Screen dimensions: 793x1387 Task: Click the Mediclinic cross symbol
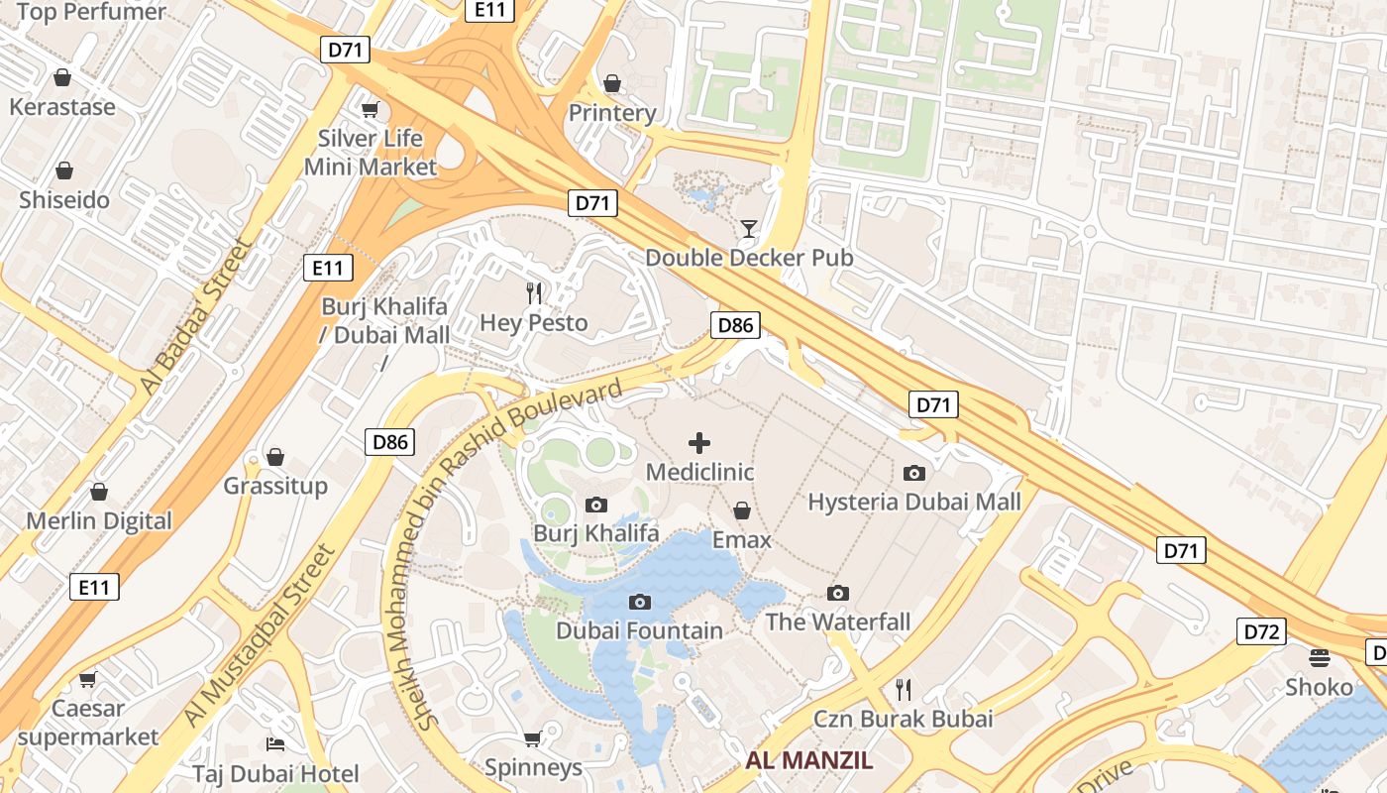click(x=699, y=442)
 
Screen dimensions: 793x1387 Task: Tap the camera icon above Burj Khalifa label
click(x=596, y=505)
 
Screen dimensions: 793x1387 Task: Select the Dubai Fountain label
click(x=639, y=630)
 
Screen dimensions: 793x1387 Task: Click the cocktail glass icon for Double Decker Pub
click(x=748, y=229)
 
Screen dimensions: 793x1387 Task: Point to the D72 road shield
click(x=1260, y=631)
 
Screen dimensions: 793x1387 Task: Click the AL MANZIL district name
click(x=808, y=760)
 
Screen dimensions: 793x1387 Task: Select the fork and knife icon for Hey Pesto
click(x=534, y=292)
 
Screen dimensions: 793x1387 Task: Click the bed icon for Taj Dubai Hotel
click(x=275, y=743)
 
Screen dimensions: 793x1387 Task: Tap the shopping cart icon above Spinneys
click(x=532, y=737)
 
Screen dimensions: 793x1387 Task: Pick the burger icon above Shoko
click(x=1319, y=657)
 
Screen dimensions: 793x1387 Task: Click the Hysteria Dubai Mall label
click(x=913, y=502)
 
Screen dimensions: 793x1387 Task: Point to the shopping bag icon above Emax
click(x=741, y=510)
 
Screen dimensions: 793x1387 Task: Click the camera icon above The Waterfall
click(x=838, y=593)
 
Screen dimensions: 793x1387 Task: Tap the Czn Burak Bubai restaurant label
click(x=902, y=719)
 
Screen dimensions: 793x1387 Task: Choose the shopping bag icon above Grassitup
click(x=275, y=457)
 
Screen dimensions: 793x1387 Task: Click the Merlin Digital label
click(x=99, y=520)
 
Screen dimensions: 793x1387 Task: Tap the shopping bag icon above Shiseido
click(x=64, y=170)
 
